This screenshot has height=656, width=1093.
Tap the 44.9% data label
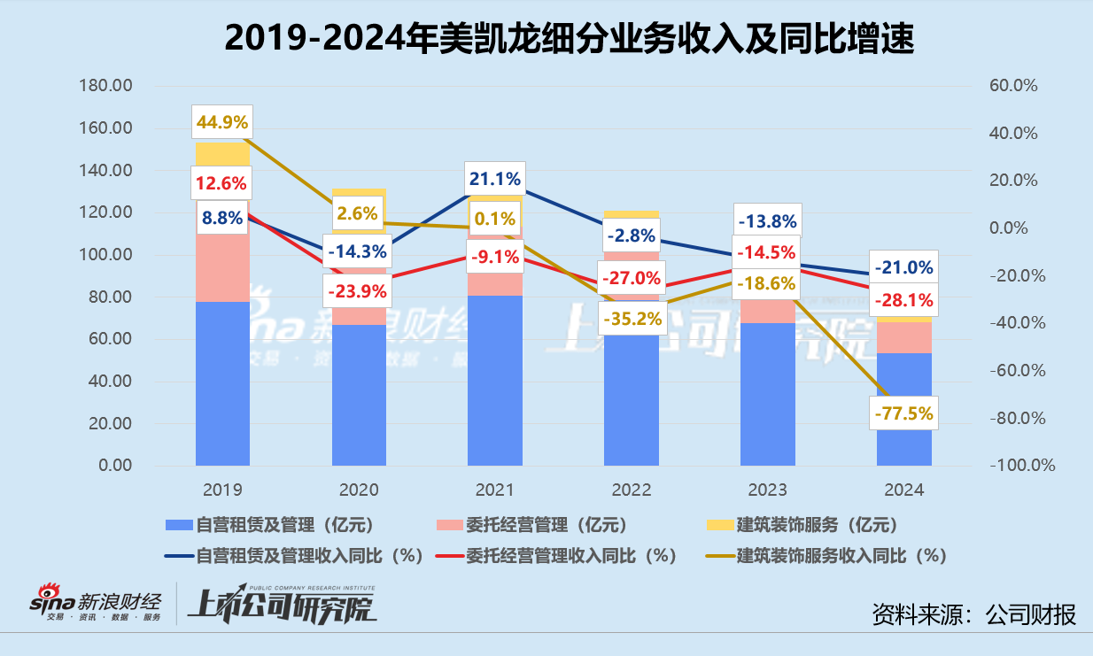tap(222, 122)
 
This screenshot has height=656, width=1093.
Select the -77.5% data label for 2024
tap(903, 413)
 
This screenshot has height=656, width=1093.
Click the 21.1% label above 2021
tap(494, 179)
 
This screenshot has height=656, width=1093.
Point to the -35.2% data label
tap(631, 318)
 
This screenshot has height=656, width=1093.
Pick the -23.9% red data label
tap(358, 289)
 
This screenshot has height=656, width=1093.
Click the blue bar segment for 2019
tap(222, 383)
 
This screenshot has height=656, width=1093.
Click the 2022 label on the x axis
tap(631, 490)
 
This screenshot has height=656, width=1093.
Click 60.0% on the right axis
tap(1013, 86)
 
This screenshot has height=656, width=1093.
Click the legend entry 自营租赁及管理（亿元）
tap(252, 524)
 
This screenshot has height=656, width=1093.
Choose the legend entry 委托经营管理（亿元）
tap(532, 524)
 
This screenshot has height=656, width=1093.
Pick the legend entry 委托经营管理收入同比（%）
tap(558, 555)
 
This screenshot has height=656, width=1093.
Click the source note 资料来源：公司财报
tap(973, 614)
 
